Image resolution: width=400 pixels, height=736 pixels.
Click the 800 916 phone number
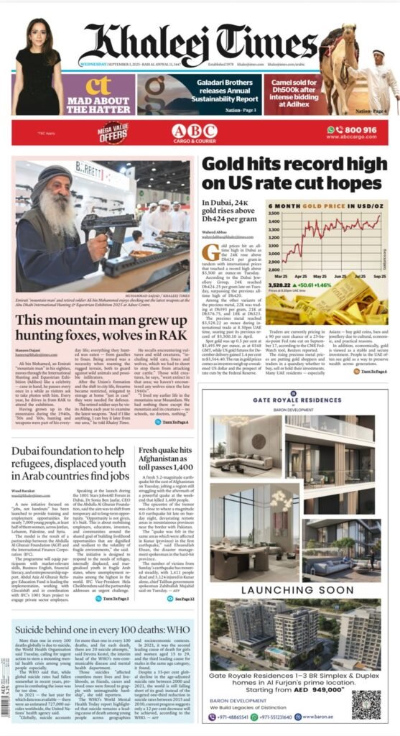357,129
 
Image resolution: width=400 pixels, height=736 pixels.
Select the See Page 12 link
177,579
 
